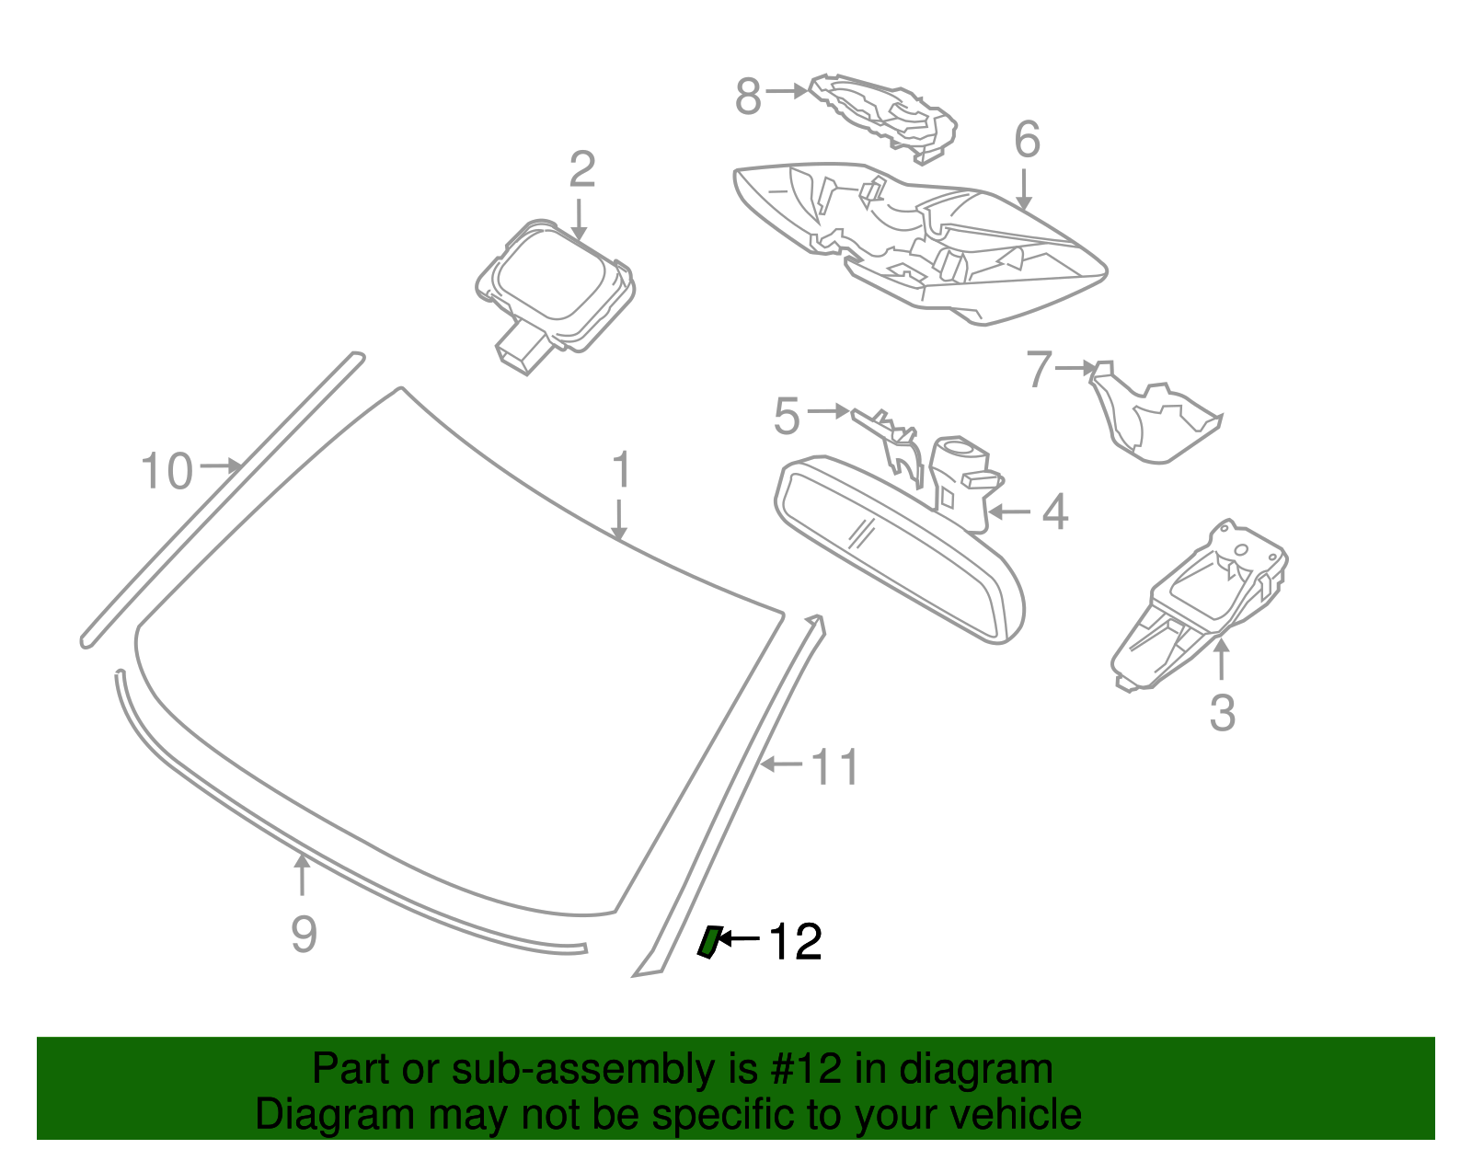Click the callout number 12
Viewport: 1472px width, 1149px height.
795,942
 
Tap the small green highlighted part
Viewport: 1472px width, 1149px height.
707,942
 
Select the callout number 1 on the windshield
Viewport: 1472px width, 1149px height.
622,471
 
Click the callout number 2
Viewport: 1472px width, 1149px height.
581,170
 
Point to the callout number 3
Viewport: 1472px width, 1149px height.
1222,713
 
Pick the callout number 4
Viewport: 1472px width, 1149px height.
1054,512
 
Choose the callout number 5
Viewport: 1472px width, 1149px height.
787,417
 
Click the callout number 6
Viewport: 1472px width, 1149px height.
1027,141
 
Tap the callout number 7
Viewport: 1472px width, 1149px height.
1039,369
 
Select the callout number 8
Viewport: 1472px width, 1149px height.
748,96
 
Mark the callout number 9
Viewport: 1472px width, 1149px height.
304,934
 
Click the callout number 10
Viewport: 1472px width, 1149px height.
167,471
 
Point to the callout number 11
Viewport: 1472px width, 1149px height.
835,767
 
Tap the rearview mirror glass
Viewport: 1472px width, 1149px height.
897,552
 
